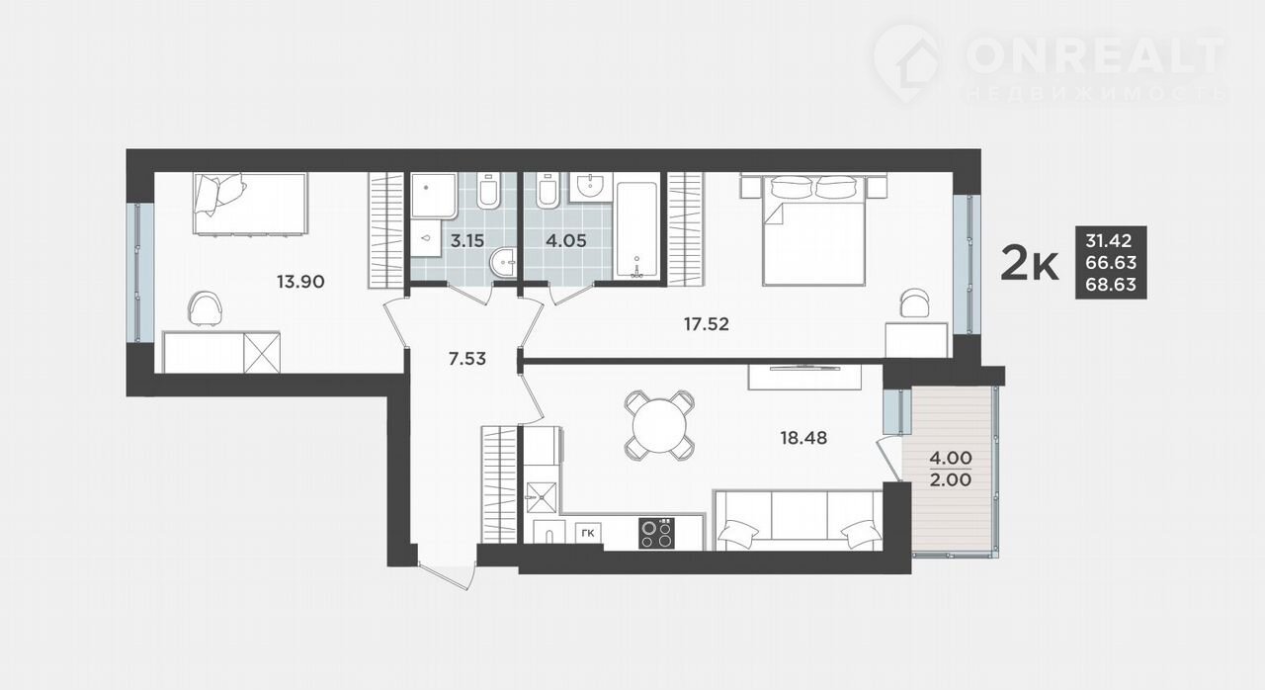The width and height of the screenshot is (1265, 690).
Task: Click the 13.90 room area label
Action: [x=300, y=281]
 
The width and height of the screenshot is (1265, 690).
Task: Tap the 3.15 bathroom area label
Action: [x=467, y=241]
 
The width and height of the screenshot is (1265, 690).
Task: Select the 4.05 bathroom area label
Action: [x=566, y=241]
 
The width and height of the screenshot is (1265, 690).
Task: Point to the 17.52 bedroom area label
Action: [x=706, y=324]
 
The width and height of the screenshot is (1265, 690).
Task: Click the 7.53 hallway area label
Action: [x=467, y=359]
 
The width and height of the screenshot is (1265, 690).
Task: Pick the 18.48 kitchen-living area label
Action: [x=803, y=438]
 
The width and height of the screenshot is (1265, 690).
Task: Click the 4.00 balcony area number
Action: [x=951, y=458]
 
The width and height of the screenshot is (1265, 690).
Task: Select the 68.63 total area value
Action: [x=1111, y=284]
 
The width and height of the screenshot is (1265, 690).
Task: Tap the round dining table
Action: [x=659, y=425]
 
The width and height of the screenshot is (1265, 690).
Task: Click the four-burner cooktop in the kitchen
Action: [x=657, y=533]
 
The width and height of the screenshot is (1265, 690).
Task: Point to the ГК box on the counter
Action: [x=588, y=533]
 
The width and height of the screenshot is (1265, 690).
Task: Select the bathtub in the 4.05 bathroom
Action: [x=637, y=229]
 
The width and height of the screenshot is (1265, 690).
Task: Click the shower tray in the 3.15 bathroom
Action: [x=434, y=196]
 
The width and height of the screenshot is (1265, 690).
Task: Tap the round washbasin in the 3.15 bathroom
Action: [x=503, y=263]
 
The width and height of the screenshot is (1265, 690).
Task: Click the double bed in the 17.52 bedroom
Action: [x=813, y=229]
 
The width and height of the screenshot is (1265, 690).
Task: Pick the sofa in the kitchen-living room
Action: [x=798, y=520]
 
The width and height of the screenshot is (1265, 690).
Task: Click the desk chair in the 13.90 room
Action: [x=205, y=308]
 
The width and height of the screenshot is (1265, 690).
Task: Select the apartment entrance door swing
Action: [x=446, y=573]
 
